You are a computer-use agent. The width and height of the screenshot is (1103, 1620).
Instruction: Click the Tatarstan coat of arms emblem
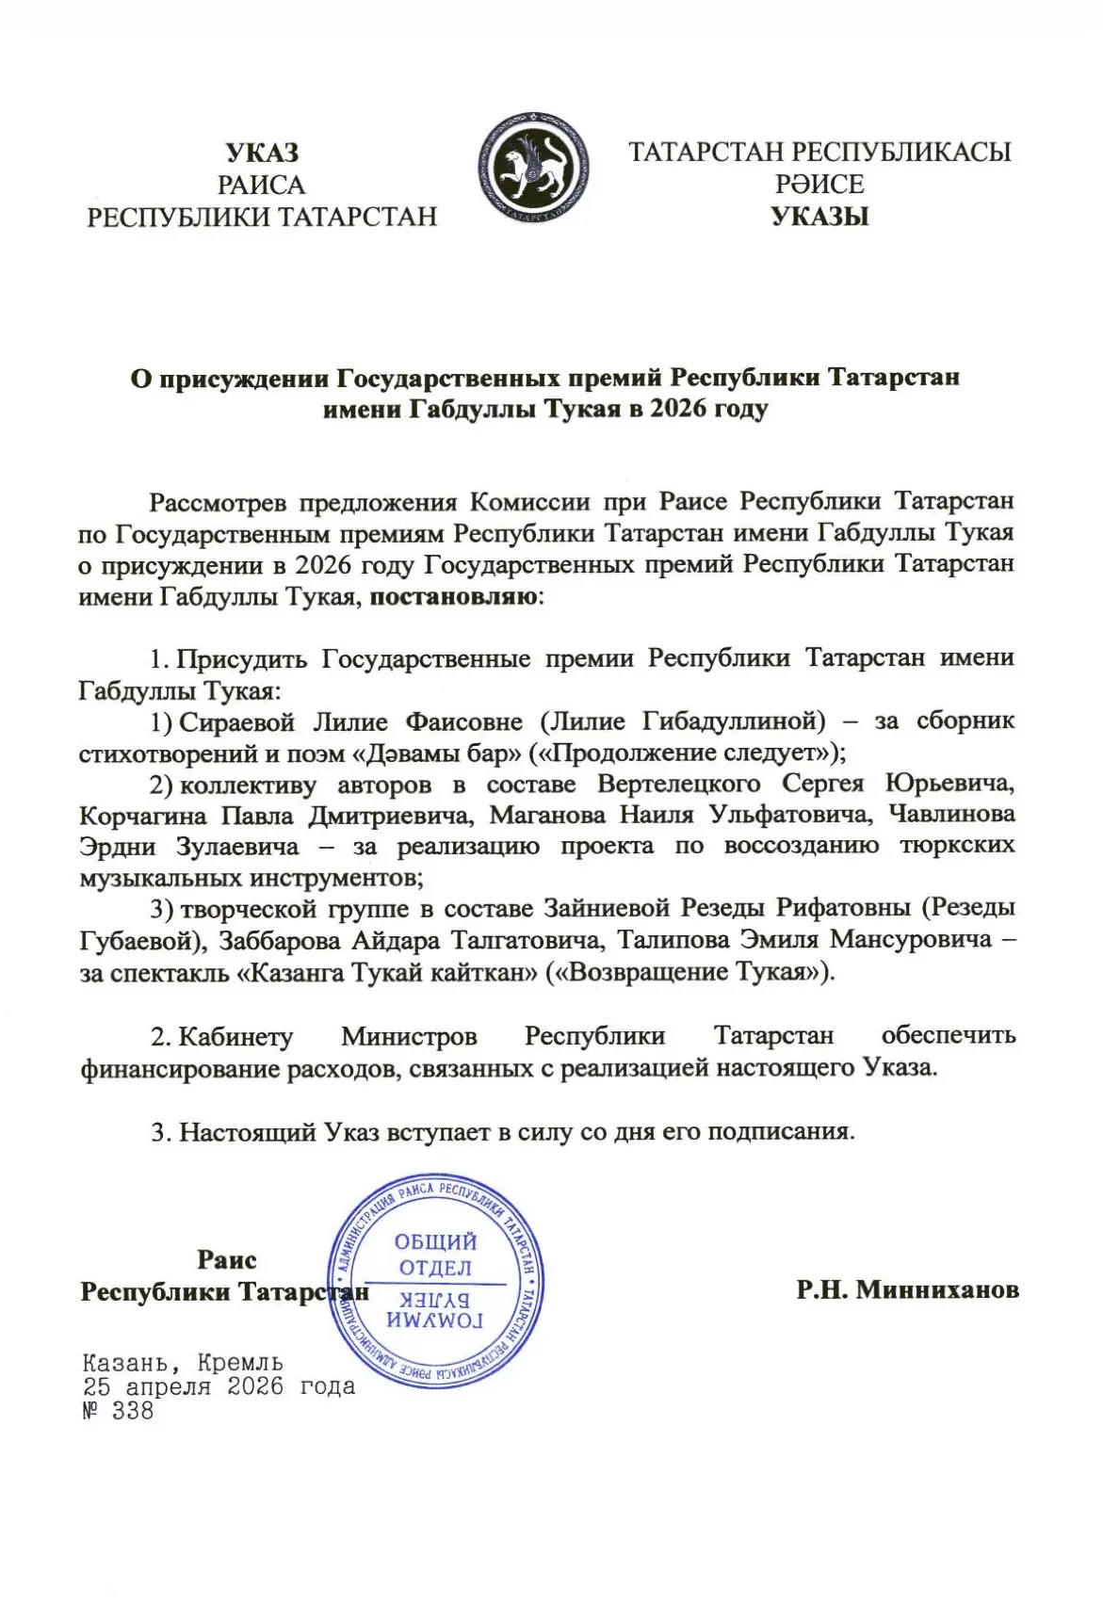point(533,170)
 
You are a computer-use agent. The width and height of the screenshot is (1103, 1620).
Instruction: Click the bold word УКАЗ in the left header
point(262,154)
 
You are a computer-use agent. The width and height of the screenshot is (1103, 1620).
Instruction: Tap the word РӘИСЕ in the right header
point(819,184)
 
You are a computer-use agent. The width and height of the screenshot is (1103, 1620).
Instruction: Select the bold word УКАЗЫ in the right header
point(819,217)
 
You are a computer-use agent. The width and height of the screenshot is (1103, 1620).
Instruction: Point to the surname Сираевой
point(236,721)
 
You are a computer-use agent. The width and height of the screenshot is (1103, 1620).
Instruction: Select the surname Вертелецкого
point(678,784)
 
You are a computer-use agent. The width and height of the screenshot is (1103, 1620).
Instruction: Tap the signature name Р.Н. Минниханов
point(907,1289)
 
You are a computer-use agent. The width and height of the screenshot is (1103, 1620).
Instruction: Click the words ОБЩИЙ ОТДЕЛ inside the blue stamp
point(435,1255)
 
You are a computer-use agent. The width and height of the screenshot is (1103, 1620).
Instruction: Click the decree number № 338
point(118,1412)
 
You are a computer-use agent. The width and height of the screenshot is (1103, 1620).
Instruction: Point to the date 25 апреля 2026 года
point(219,1387)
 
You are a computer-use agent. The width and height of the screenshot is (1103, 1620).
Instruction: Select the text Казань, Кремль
point(183,1363)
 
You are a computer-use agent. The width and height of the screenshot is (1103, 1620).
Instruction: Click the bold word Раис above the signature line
point(226,1259)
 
